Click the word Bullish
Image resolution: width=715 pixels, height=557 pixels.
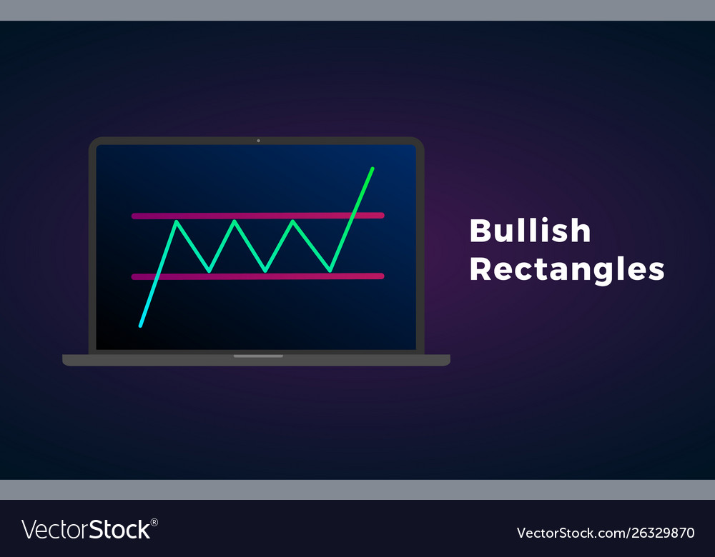pos(530,231)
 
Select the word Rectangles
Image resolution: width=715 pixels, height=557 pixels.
pos(566,270)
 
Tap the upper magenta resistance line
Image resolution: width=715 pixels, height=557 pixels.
pos(257,215)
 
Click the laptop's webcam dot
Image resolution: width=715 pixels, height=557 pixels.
pos(258,141)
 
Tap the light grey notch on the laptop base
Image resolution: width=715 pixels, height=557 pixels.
pos(258,356)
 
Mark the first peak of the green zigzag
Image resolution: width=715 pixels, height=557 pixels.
pos(177,222)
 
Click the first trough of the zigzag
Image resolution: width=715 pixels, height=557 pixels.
pos(209,271)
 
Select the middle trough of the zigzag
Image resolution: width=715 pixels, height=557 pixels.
pos(265,271)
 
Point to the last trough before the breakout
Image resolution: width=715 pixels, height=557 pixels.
pos(330,271)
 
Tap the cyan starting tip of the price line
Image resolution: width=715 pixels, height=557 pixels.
pos(141,326)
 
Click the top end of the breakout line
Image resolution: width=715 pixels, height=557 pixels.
pos(373,169)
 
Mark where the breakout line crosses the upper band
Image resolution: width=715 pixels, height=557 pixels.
pos(352,215)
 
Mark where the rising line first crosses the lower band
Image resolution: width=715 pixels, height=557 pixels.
pos(158,276)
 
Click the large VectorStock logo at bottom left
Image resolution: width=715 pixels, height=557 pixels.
pos(87,530)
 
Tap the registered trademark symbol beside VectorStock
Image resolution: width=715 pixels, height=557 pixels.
pos(154,523)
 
